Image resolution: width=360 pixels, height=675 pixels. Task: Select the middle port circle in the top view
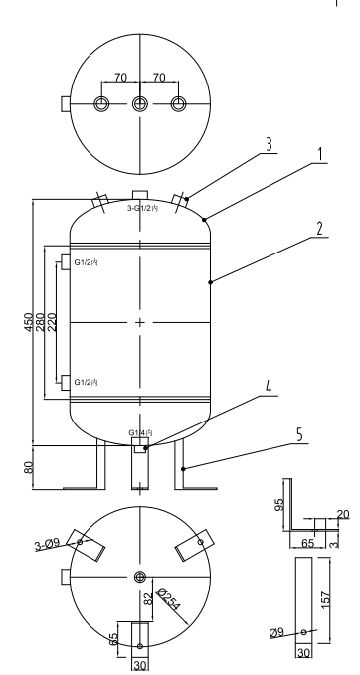click(139, 104)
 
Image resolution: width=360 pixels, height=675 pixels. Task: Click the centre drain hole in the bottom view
click(139, 577)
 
